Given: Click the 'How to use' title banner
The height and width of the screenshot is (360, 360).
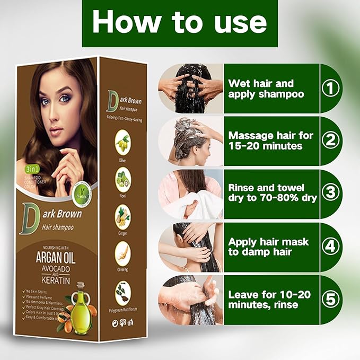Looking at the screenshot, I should click(180, 23).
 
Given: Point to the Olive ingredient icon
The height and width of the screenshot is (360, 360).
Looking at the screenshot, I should click(124, 142).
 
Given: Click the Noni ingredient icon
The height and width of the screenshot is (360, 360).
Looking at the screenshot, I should click(124, 179).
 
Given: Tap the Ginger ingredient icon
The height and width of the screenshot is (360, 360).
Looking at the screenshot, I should click(124, 216).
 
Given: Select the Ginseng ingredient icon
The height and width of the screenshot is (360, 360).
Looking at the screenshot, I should click(124, 253).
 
